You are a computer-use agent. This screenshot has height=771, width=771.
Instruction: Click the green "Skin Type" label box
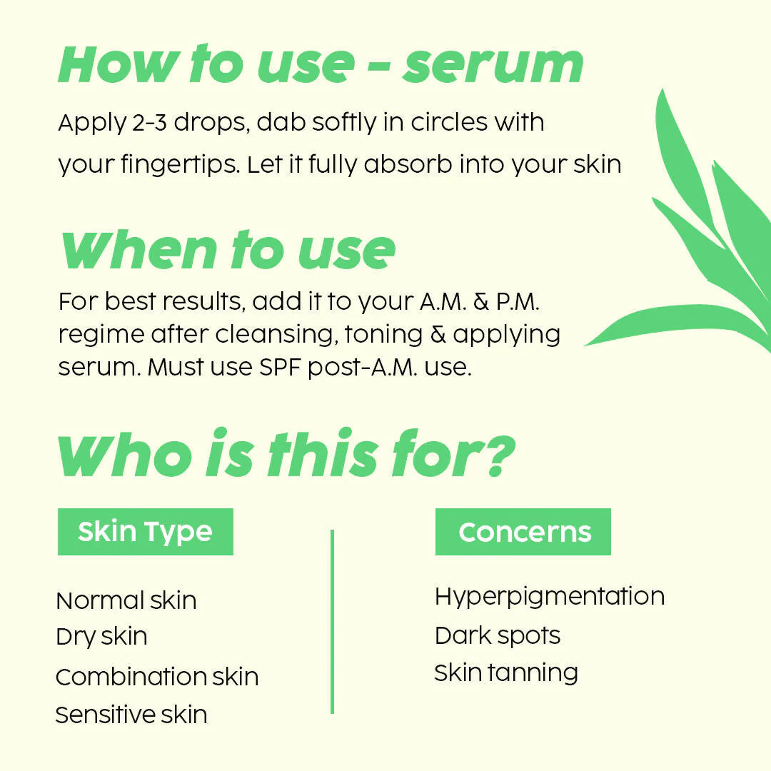coord(145,532)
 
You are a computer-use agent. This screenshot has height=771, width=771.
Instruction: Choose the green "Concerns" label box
coord(523,532)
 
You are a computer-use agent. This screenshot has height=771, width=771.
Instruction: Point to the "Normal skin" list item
coord(126,600)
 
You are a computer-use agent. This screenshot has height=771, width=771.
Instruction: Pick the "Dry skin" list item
coord(101,636)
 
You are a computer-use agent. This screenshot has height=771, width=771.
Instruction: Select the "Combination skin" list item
coord(157,677)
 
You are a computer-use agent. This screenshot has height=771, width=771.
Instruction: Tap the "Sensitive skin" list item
coord(131,714)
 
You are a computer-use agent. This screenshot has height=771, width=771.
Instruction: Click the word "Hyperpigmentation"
coord(549,596)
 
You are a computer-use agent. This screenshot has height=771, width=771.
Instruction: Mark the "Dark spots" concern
coord(498,635)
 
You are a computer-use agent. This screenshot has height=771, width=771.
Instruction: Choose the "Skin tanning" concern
coord(506,672)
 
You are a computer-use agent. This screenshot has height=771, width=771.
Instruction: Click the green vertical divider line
coord(332,621)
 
